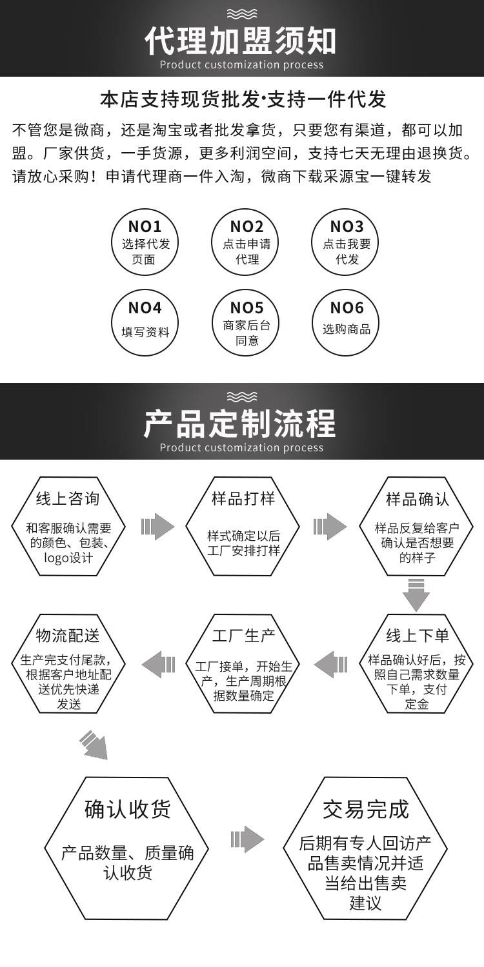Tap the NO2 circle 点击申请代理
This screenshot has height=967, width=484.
point(247,242)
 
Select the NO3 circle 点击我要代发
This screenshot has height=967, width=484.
point(347,242)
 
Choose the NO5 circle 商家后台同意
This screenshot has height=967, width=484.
point(247,323)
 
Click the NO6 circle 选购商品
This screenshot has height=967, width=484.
point(347,323)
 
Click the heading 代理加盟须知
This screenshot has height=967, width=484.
point(241,40)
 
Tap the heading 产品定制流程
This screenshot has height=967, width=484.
point(241,423)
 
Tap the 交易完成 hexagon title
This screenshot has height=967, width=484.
point(366,808)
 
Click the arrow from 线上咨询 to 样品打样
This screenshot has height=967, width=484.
point(158,527)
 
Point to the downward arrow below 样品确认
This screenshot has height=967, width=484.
point(417,594)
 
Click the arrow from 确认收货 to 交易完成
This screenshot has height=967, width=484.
point(248,839)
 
